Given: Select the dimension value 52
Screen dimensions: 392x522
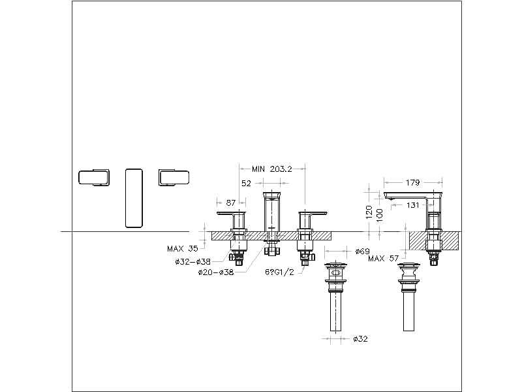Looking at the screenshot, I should [x=246, y=184].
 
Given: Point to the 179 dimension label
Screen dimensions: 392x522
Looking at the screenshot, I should [x=413, y=183].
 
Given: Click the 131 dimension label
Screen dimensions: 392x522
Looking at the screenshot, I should [x=414, y=204].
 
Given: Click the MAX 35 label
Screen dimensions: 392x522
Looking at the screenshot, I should [x=182, y=248].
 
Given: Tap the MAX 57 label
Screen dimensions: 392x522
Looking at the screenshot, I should [x=384, y=259].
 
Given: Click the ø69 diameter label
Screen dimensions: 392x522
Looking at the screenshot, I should [x=363, y=251].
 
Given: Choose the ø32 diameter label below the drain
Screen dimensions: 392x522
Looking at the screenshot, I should [x=361, y=339].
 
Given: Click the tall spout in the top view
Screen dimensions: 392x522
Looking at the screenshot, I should [x=133, y=197].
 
